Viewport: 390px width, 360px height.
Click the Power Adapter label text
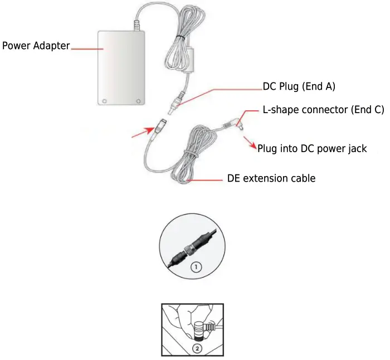coord(36,46)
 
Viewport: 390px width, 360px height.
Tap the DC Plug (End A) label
coord(299,87)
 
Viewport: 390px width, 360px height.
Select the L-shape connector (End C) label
coord(323,110)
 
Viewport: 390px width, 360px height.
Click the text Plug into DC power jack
coord(312,149)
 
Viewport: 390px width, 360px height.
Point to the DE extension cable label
coord(271,179)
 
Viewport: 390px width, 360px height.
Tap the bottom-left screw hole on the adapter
coord(104,101)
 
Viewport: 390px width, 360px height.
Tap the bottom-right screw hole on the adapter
coord(139,101)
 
